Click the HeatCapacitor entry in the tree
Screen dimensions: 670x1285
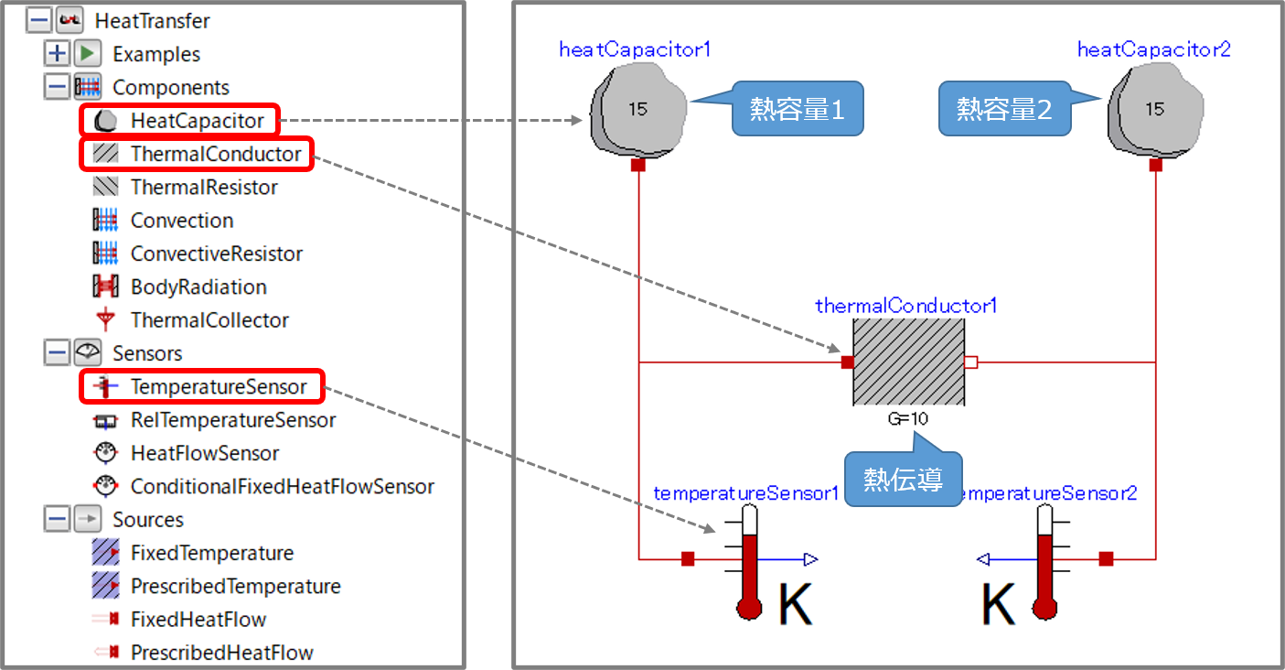point(197,120)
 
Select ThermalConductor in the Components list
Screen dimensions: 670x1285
point(216,154)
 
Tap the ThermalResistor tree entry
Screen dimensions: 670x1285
point(204,187)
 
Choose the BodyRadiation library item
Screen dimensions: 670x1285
point(198,286)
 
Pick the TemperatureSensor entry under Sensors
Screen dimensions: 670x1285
point(219,386)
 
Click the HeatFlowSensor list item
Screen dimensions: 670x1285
point(205,453)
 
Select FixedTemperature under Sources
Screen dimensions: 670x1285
point(212,553)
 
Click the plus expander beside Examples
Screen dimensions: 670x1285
point(57,54)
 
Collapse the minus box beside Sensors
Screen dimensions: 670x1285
point(57,353)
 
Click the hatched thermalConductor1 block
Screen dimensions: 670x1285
point(908,362)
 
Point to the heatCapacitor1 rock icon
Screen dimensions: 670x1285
point(637,110)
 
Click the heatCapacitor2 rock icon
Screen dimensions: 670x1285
point(1154,110)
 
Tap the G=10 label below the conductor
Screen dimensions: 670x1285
point(908,419)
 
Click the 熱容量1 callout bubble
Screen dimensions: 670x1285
point(798,110)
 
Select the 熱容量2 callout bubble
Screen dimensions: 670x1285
point(1004,110)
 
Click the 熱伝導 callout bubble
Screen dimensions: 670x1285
point(903,480)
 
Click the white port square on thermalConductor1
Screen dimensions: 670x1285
point(971,362)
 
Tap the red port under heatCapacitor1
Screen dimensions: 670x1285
point(638,166)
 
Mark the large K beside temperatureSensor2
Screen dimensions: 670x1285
point(999,605)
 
